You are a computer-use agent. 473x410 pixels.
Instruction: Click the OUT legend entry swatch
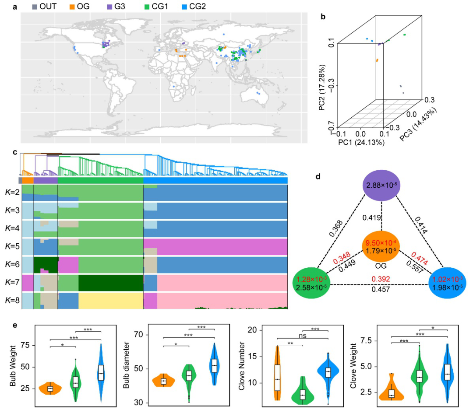pos(35,7)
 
